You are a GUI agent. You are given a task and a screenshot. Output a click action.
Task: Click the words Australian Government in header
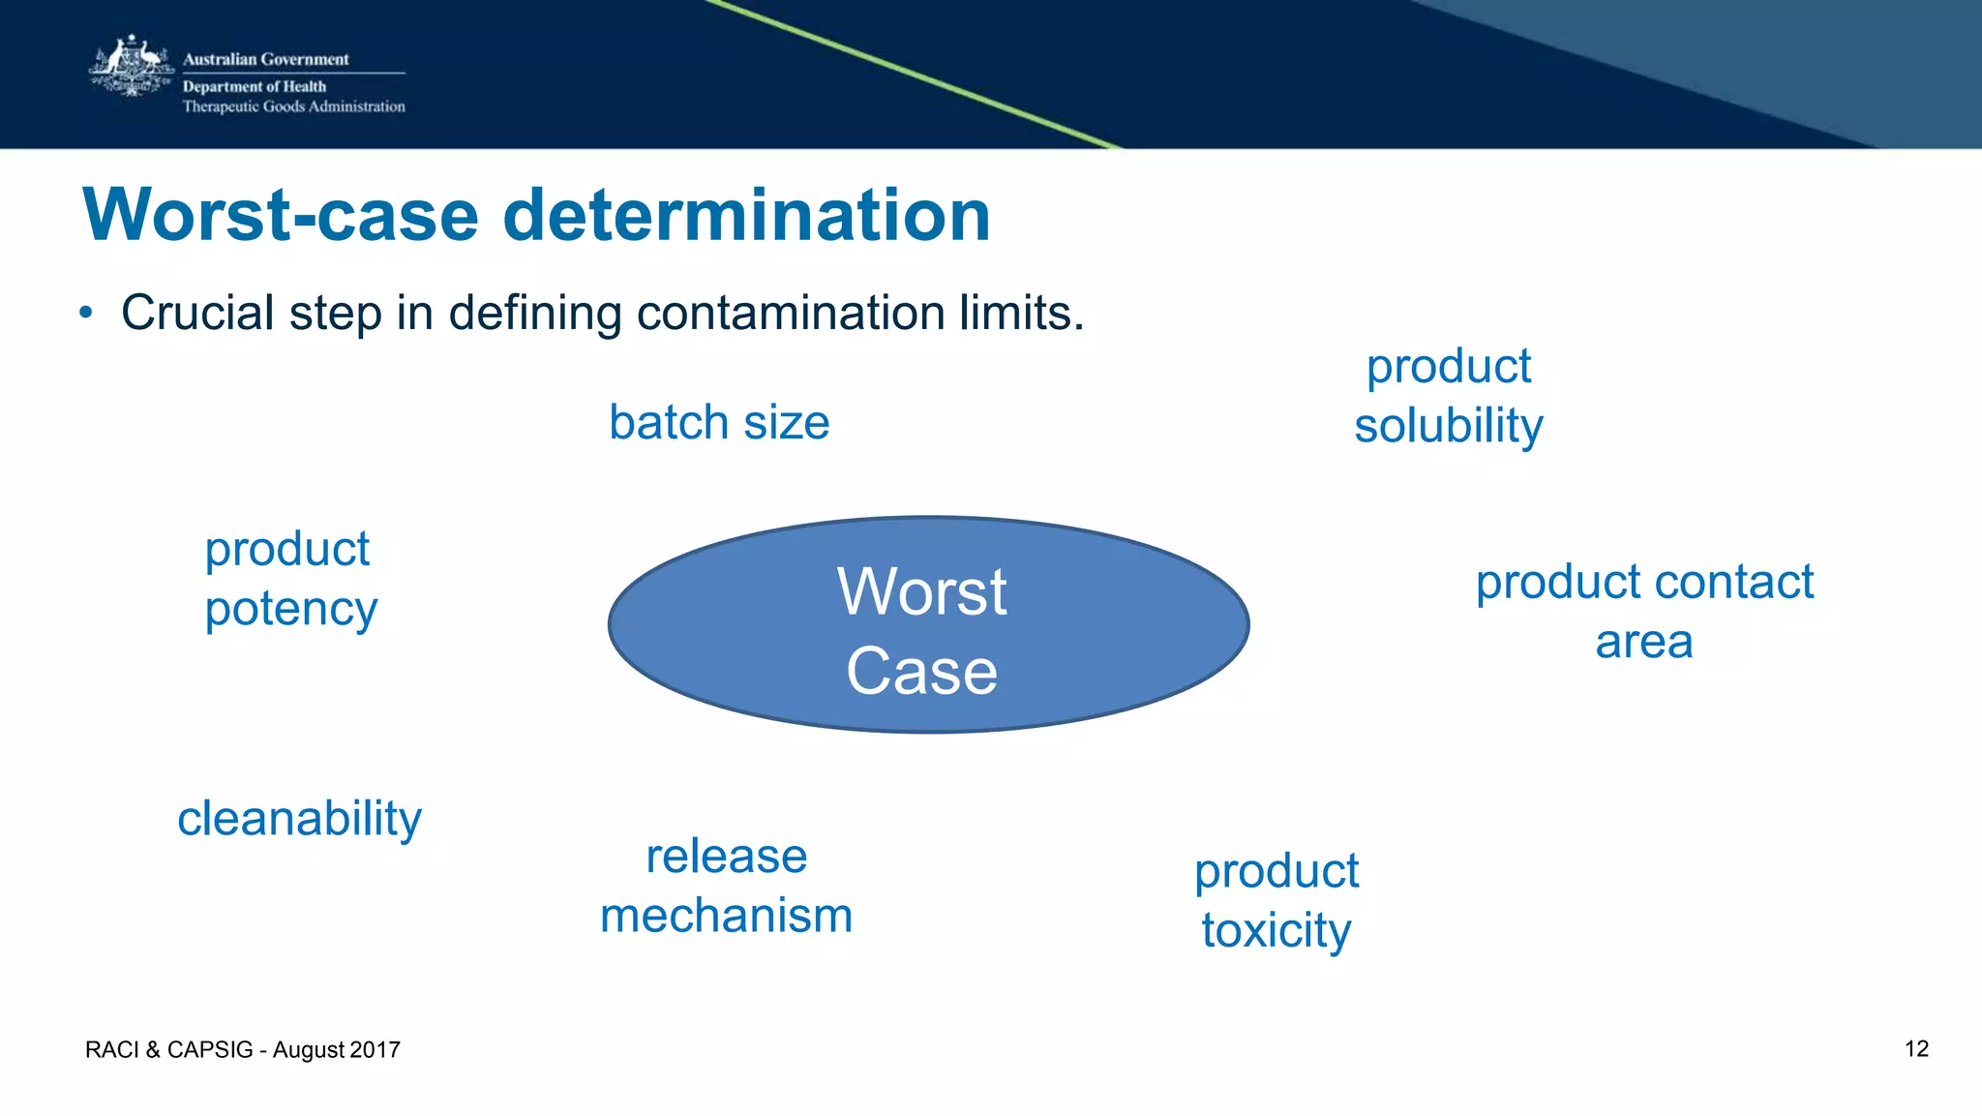point(265,59)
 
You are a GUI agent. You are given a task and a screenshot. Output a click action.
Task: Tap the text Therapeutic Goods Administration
point(293,106)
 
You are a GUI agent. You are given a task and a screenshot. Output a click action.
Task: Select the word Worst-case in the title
point(281,215)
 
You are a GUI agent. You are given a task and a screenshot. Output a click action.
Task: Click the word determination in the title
point(746,215)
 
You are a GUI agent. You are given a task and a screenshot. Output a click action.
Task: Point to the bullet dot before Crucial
point(86,313)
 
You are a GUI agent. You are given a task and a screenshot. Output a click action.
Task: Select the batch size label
point(719,423)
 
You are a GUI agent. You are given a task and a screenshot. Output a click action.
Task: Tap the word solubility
point(1448,427)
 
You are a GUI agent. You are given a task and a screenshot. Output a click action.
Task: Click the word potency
point(290,610)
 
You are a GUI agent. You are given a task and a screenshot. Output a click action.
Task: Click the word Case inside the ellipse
point(921,671)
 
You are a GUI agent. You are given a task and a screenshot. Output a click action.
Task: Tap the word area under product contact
point(1643,642)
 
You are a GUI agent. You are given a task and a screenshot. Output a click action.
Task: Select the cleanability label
point(299,820)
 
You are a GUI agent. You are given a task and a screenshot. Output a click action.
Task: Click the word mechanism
point(726,916)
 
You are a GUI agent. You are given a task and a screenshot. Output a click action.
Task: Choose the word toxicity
point(1276,931)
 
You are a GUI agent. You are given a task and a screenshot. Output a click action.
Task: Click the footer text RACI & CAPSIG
point(168,1050)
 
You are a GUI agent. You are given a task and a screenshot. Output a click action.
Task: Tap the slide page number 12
point(1916,1049)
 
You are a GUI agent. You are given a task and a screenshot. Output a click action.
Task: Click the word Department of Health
point(255,86)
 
